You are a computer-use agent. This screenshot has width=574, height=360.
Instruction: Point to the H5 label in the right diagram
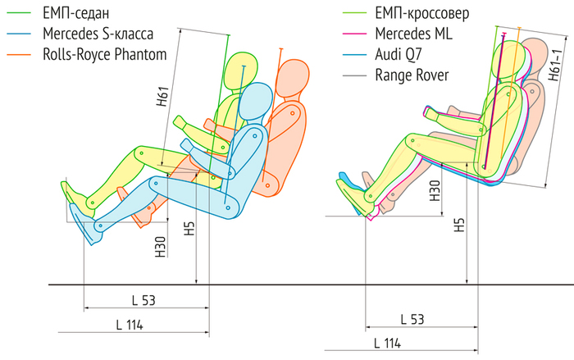pyautogui.click(x=459, y=226)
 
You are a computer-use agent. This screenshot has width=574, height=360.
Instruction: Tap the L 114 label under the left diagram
pyautogui.click(x=129, y=324)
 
